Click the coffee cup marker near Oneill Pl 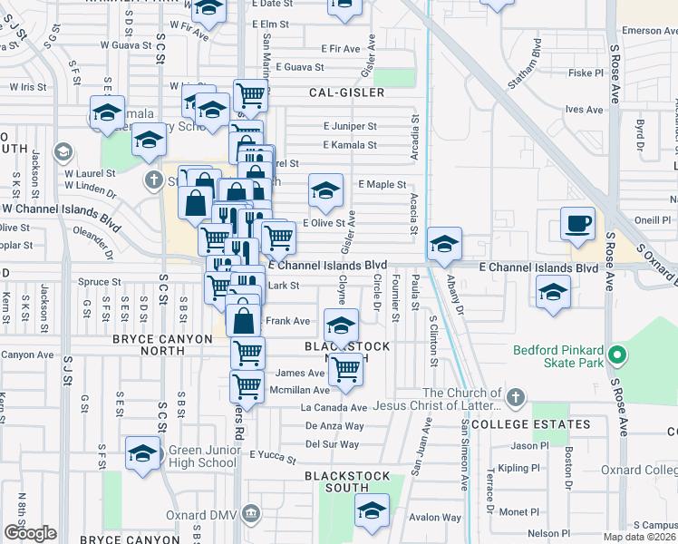click(577, 224)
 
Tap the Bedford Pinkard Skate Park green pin click(618, 355)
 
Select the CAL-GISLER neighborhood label click(346, 92)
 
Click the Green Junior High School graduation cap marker click(142, 455)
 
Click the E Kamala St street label click(350, 145)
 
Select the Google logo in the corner click(30, 533)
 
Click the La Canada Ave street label click(334, 408)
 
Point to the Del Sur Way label click(332, 444)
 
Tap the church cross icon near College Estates click(515, 396)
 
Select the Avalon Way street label click(430, 518)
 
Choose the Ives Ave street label click(584, 110)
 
